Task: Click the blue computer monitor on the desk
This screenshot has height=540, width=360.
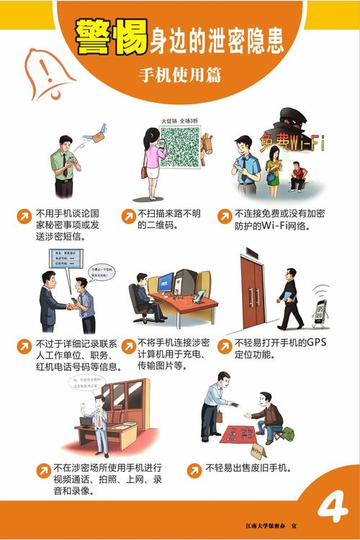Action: [x=165, y=283]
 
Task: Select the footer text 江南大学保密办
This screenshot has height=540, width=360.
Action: [x=271, y=526]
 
